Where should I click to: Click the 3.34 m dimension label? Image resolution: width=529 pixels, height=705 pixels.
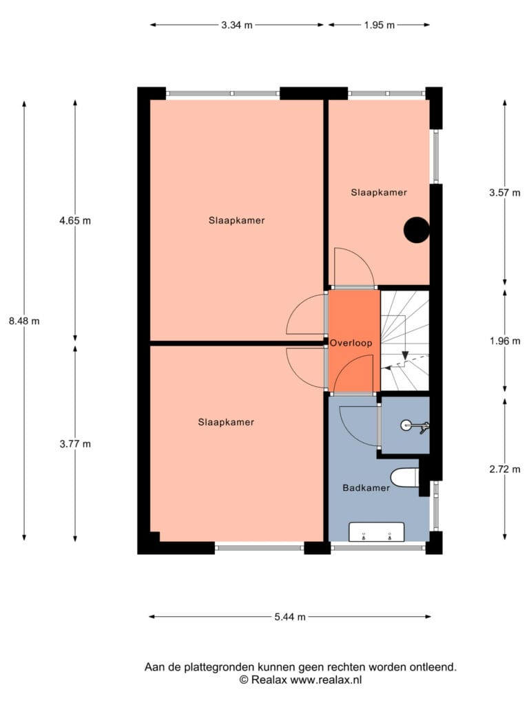[x=237, y=25]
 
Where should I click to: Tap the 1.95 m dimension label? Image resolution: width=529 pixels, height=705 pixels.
[x=380, y=25]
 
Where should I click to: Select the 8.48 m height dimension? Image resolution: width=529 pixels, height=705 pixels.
[x=24, y=321]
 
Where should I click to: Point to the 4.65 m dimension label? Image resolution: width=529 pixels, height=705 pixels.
[x=75, y=221]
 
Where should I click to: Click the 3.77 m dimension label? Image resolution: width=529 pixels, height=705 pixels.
[x=75, y=444]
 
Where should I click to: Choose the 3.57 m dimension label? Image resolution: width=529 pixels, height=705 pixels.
[x=505, y=193]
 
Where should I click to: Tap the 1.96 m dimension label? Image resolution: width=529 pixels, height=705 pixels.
[x=505, y=341]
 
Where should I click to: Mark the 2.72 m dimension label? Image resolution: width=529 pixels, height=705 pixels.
[x=505, y=470]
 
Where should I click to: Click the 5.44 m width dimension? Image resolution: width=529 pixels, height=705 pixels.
[x=290, y=617]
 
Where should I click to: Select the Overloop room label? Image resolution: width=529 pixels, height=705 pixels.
[x=351, y=343]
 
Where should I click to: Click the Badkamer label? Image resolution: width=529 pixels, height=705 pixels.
[x=366, y=488]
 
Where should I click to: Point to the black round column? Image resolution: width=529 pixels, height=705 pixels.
[x=416, y=230]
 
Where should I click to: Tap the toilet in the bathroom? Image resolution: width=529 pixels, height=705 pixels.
[x=405, y=478]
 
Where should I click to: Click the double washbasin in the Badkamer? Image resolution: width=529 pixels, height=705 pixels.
[x=377, y=532]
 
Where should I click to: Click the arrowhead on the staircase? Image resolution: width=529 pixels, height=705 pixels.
[x=405, y=355]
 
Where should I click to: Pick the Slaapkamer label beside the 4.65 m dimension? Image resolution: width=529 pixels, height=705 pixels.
[x=237, y=221]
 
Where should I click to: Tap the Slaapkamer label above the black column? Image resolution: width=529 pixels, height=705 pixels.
[x=379, y=193]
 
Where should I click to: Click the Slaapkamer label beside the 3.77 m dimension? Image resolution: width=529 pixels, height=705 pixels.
[x=226, y=422]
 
